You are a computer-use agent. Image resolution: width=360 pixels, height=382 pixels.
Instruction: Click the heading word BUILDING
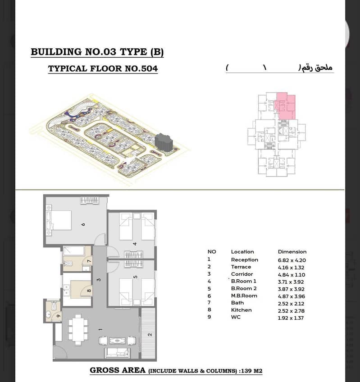[56, 52]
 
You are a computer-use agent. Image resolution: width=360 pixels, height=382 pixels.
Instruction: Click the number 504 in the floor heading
[150, 68]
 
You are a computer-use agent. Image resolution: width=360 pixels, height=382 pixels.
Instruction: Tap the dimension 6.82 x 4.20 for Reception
[292, 260]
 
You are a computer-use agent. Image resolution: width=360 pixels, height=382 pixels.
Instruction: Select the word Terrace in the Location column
[241, 267]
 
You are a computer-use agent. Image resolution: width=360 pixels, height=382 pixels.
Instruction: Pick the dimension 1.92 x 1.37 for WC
[291, 318]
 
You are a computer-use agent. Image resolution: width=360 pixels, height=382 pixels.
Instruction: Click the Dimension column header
[292, 252]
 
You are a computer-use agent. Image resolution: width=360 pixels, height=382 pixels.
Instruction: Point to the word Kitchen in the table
[242, 310]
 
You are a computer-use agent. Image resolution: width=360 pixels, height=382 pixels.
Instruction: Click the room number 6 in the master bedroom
[83, 224]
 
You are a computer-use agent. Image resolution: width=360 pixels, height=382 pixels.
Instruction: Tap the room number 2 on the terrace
[150, 335]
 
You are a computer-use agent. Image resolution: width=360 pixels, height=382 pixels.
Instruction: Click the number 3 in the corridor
[99, 279]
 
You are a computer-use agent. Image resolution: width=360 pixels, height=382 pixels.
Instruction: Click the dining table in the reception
[78, 330]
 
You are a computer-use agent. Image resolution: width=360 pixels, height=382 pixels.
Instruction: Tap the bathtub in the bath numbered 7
[73, 250]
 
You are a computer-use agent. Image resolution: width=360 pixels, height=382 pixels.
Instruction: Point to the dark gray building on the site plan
[164, 142]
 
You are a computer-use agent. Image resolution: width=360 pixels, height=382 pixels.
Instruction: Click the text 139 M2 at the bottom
[252, 371]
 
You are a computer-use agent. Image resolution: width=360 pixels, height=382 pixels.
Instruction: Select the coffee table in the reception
[118, 341]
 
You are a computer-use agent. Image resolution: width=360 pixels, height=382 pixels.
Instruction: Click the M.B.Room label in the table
[244, 296]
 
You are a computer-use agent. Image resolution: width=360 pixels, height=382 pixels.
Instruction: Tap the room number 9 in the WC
[58, 316]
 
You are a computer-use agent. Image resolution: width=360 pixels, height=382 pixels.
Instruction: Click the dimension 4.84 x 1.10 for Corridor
[291, 275]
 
